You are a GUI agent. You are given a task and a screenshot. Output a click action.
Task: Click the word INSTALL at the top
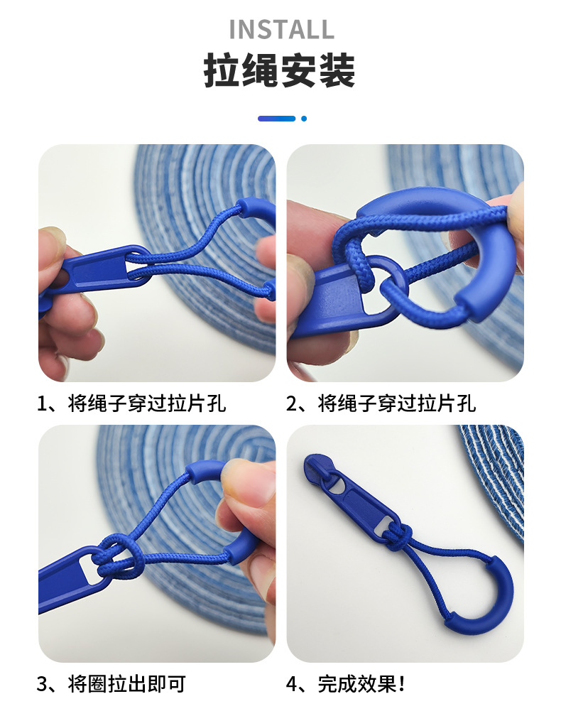coord(281,29)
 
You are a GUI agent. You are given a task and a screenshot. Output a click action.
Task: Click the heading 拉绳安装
coord(280,71)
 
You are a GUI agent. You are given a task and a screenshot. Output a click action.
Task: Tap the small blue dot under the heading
coord(304,119)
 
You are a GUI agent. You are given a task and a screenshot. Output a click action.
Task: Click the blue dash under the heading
coord(276,119)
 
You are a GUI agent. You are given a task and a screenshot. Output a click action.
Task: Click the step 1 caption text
coord(131,404)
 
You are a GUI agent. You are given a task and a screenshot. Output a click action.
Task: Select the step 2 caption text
coord(381,404)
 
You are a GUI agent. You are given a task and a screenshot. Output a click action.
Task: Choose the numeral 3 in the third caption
coord(43,684)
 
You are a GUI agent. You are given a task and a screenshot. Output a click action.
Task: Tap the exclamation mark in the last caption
coord(402,684)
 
